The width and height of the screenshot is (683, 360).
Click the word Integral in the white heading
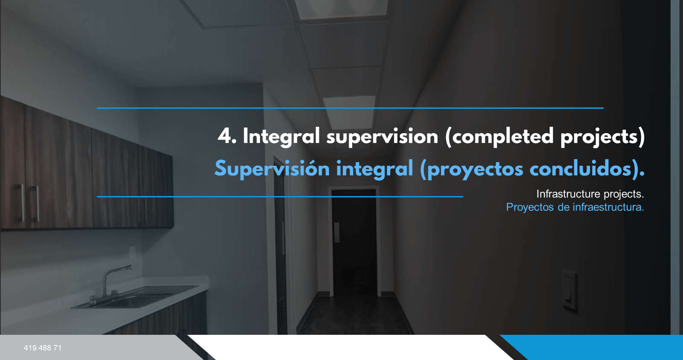pyautogui.click(x=281, y=137)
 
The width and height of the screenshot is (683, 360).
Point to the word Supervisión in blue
pyautogui.click(x=272, y=169)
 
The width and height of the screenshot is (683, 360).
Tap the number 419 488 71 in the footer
pyautogui.click(x=43, y=348)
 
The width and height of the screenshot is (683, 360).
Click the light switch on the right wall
pyautogui.click(x=569, y=289)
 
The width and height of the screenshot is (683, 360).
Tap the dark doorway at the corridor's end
pyautogui.click(x=354, y=243)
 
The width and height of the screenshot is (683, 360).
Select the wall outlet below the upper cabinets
pyautogui.click(x=132, y=252)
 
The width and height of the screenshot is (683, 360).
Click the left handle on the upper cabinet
pyautogui.click(x=22, y=202)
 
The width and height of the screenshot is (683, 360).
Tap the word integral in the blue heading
pyautogui.click(x=374, y=169)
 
